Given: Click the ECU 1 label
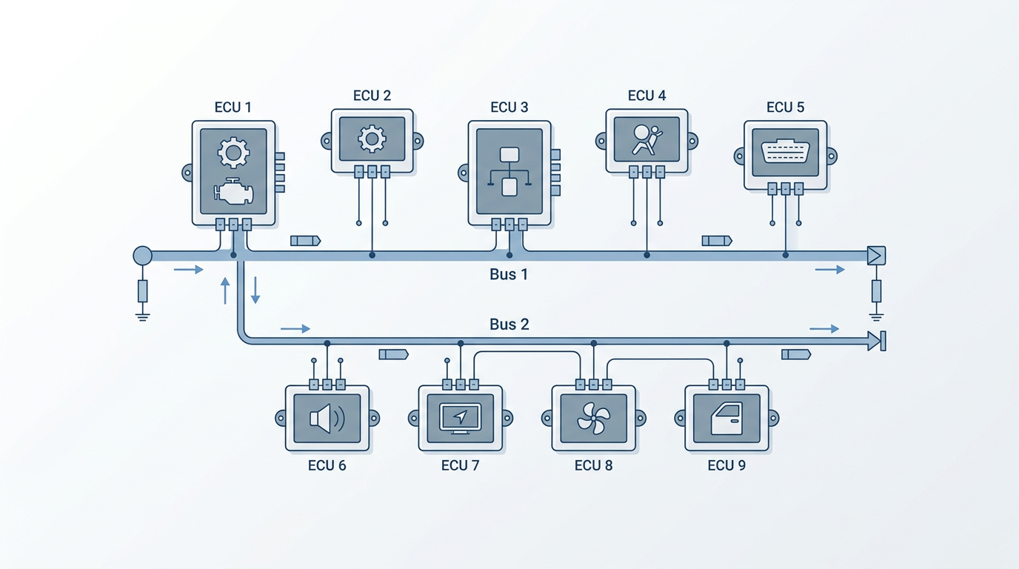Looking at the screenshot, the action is coord(233,107).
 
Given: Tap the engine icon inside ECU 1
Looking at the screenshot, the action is coord(233,191).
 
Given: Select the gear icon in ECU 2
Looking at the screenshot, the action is coord(372,139).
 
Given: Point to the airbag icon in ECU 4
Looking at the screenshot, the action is coord(647,140).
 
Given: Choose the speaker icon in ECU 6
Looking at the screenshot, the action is coord(327,419).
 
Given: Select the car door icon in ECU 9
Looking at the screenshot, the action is coord(727,419).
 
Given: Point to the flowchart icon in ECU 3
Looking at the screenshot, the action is coord(509,172).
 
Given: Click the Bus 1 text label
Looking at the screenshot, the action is coord(509,274).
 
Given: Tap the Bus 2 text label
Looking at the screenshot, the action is coord(509,325).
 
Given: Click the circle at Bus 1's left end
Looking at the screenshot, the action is coord(142,256).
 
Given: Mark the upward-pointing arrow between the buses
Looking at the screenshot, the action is coord(225,291).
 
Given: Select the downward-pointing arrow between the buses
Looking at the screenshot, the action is coord(255,290).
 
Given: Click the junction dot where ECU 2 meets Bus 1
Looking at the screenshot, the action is coord(372,256).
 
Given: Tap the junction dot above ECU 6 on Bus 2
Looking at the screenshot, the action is coord(327,343).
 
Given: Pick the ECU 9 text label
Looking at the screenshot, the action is coord(726,466).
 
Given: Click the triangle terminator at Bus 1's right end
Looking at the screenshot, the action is coord(876,256).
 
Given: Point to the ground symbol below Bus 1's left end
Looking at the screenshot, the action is coord(142,317).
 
